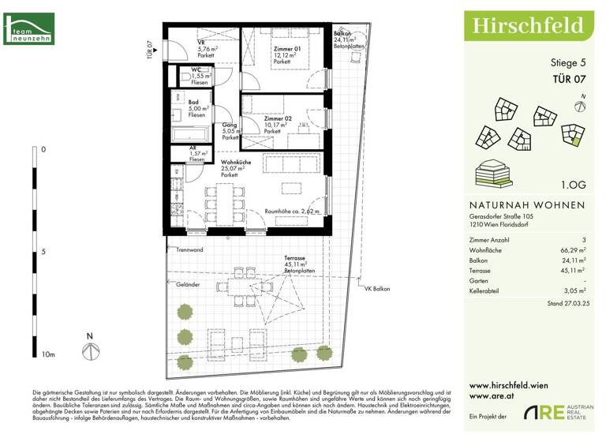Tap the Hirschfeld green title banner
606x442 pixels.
(x=529, y=27)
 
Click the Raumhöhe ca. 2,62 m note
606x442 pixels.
(x=292, y=212)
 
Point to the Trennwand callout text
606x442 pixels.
(x=190, y=249)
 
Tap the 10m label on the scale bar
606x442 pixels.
(x=48, y=355)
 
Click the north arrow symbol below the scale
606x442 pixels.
(x=89, y=347)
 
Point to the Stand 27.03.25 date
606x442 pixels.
(x=563, y=303)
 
